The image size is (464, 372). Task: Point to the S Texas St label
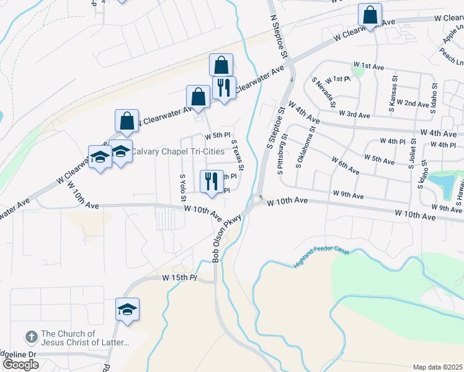point(237,154)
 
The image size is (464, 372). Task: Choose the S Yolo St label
point(183,188)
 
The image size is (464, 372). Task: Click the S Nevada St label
point(327,92)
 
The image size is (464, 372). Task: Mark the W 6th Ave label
point(346,166)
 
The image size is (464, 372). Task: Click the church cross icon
point(31,337)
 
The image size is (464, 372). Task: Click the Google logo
point(20,365)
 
